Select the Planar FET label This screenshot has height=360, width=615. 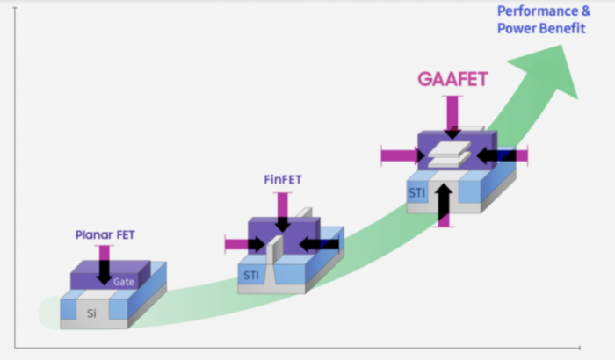click(105, 235)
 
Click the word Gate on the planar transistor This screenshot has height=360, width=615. click(124, 283)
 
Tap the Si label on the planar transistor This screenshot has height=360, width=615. click(90, 312)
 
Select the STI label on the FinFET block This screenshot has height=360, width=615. click(251, 276)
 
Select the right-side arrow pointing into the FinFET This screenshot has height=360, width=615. click(320, 242)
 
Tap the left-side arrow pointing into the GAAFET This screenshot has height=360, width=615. click(400, 155)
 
